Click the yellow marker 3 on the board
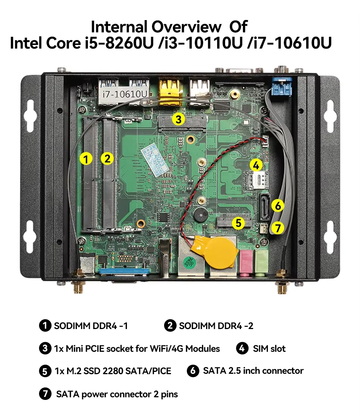(178, 120)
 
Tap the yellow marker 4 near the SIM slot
(256, 165)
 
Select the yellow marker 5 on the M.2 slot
(238, 223)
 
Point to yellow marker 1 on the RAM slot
(86, 159)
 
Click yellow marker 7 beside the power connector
(278, 228)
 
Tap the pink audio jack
(245, 261)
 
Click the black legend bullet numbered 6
(193, 371)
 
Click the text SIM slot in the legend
(269, 348)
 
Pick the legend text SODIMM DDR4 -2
(216, 326)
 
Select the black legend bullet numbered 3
(45, 348)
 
